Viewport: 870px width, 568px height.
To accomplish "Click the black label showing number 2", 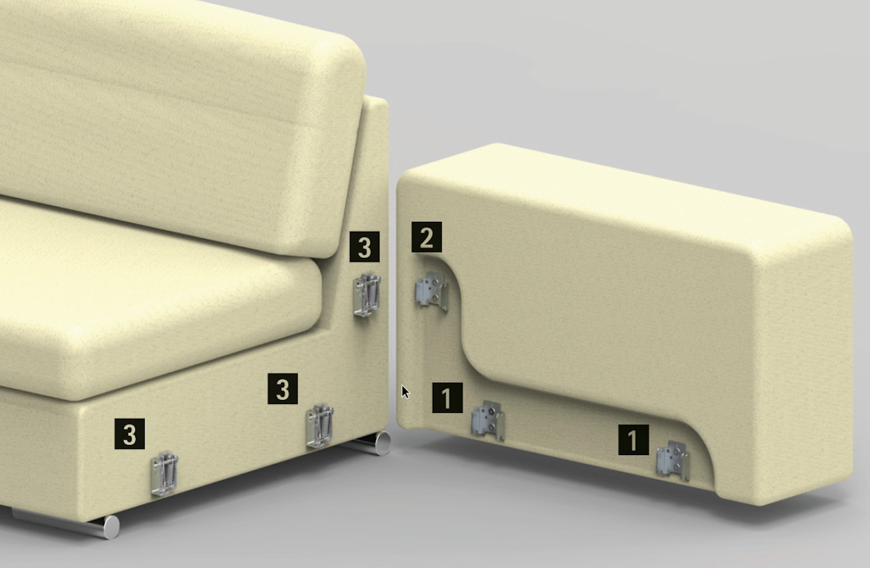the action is [426, 237].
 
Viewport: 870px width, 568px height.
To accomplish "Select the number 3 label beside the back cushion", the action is [364, 247].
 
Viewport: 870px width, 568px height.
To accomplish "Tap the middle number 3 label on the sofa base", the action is [283, 389].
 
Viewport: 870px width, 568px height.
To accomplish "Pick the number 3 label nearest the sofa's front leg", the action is [129, 434].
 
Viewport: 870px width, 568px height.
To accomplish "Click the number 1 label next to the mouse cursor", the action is [447, 398].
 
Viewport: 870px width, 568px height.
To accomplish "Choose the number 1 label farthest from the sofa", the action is [633, 439].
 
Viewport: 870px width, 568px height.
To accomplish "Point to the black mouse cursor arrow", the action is [406, 392].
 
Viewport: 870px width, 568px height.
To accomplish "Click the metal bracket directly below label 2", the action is [432, 291].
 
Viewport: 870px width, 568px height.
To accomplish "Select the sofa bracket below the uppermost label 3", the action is [366, 295].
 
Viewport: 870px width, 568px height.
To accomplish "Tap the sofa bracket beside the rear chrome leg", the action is [319, 426].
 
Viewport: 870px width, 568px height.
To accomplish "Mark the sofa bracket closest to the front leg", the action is [164, 474].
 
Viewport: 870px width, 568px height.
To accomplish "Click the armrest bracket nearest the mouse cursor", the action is [488, 421].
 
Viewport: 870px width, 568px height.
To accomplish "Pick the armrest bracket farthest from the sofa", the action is [673, 461].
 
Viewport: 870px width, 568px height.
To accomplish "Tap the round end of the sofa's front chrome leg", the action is [111, 527].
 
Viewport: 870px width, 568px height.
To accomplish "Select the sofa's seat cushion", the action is [156, 303].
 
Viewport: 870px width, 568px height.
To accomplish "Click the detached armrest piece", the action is [621, 322].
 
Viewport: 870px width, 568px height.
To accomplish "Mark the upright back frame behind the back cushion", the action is [374, 195].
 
